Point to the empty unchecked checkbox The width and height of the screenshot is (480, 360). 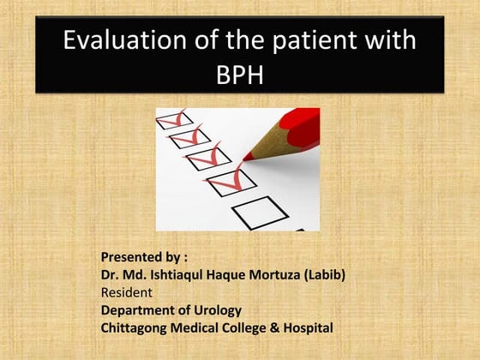tap(259, 213)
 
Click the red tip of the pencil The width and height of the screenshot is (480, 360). tap(249, 156)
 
